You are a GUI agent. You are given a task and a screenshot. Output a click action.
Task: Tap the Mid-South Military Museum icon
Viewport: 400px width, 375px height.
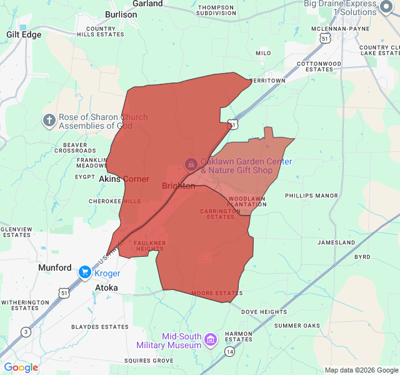point(211,340)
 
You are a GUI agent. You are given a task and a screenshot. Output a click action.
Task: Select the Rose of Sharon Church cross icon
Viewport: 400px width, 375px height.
point(49,120)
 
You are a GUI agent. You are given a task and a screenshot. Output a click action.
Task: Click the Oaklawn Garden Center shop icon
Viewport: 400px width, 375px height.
point(191,164)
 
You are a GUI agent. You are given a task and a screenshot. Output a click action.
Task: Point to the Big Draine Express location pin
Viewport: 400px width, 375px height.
point(387,7)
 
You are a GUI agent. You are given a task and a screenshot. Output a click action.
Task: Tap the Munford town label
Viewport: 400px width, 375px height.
point(55,267)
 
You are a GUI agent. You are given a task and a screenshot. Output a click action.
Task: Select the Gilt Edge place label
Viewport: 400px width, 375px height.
point(24,34)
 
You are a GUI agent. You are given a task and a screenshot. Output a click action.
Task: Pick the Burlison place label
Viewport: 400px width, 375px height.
point(121,14)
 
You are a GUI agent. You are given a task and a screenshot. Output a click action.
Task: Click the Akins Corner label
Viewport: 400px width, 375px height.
point(124,179)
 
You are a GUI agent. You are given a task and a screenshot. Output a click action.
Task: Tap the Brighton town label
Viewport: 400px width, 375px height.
point(178,186)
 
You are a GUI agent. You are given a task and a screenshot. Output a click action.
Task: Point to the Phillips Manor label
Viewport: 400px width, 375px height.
point(311,196)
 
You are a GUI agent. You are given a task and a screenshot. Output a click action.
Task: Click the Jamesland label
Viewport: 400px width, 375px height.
point(336,242)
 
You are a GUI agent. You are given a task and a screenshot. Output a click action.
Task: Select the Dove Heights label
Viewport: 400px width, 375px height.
point(264,312)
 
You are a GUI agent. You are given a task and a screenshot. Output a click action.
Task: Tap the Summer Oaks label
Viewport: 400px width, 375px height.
point(297,326)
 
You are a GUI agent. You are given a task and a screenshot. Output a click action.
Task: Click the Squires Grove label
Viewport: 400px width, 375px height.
point(148,361)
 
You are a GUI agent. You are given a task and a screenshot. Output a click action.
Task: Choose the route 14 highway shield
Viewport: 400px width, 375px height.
point(230,352)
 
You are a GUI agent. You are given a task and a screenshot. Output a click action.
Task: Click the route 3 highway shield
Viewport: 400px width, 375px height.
point(26,331)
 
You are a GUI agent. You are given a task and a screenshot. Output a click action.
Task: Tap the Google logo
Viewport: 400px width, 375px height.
point(21,367)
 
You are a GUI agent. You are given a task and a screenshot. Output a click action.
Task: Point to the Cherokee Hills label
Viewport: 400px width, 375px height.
point(114,201)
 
